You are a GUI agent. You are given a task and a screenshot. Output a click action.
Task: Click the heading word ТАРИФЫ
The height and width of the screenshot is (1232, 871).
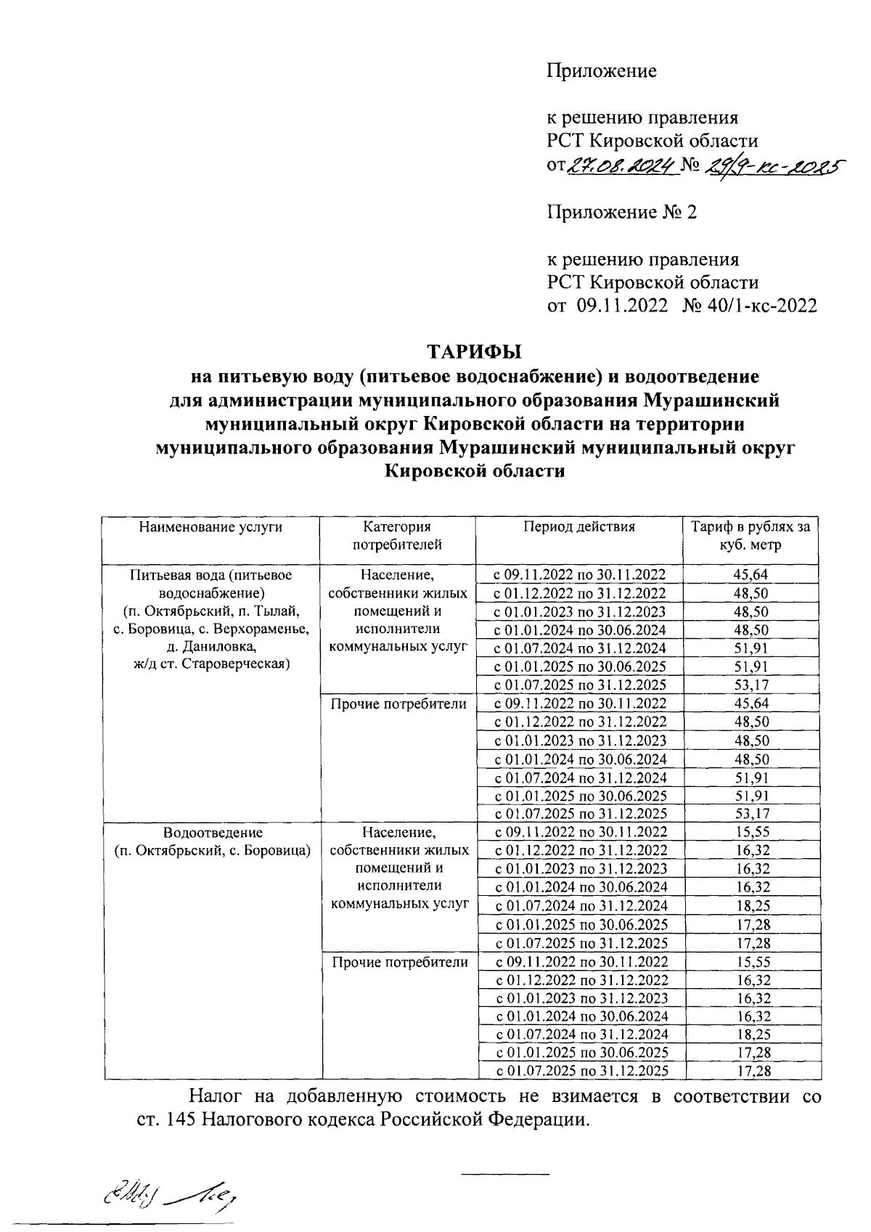[x=474, y=353]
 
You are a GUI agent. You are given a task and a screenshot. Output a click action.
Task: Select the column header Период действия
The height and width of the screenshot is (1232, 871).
[x=578, y=527]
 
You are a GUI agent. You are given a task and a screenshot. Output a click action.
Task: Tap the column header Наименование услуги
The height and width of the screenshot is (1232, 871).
[x=210, y=527]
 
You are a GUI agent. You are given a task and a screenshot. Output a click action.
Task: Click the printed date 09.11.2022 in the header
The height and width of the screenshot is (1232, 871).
[x=622, y=306]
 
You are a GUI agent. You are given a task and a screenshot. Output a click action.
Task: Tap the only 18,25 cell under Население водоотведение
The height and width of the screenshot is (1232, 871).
[x=751, y=906]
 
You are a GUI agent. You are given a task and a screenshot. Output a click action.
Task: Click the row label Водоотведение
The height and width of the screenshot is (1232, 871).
[x=213, y=832]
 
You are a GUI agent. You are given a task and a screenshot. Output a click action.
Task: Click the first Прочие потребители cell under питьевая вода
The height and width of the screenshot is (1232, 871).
[x=398, y=703]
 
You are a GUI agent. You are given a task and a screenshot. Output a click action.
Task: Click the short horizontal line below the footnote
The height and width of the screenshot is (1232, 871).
[x=507, y=1173]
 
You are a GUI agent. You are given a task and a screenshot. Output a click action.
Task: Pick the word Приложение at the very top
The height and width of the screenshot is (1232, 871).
[x=601, y=71]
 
